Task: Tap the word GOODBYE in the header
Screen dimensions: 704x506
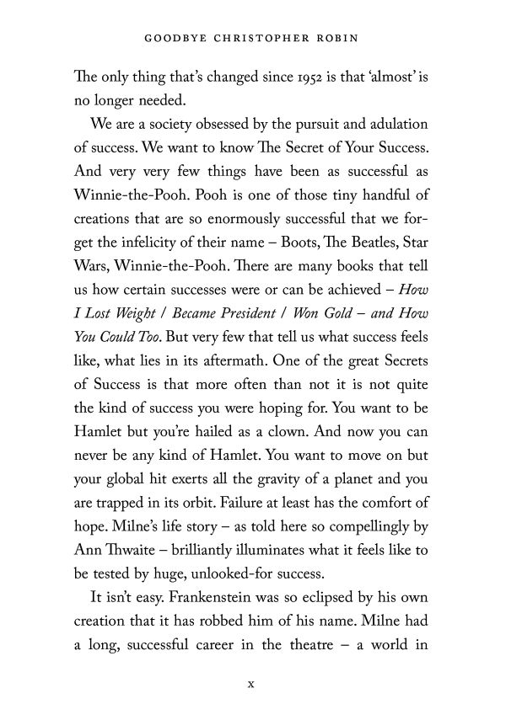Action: click(174, 39)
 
